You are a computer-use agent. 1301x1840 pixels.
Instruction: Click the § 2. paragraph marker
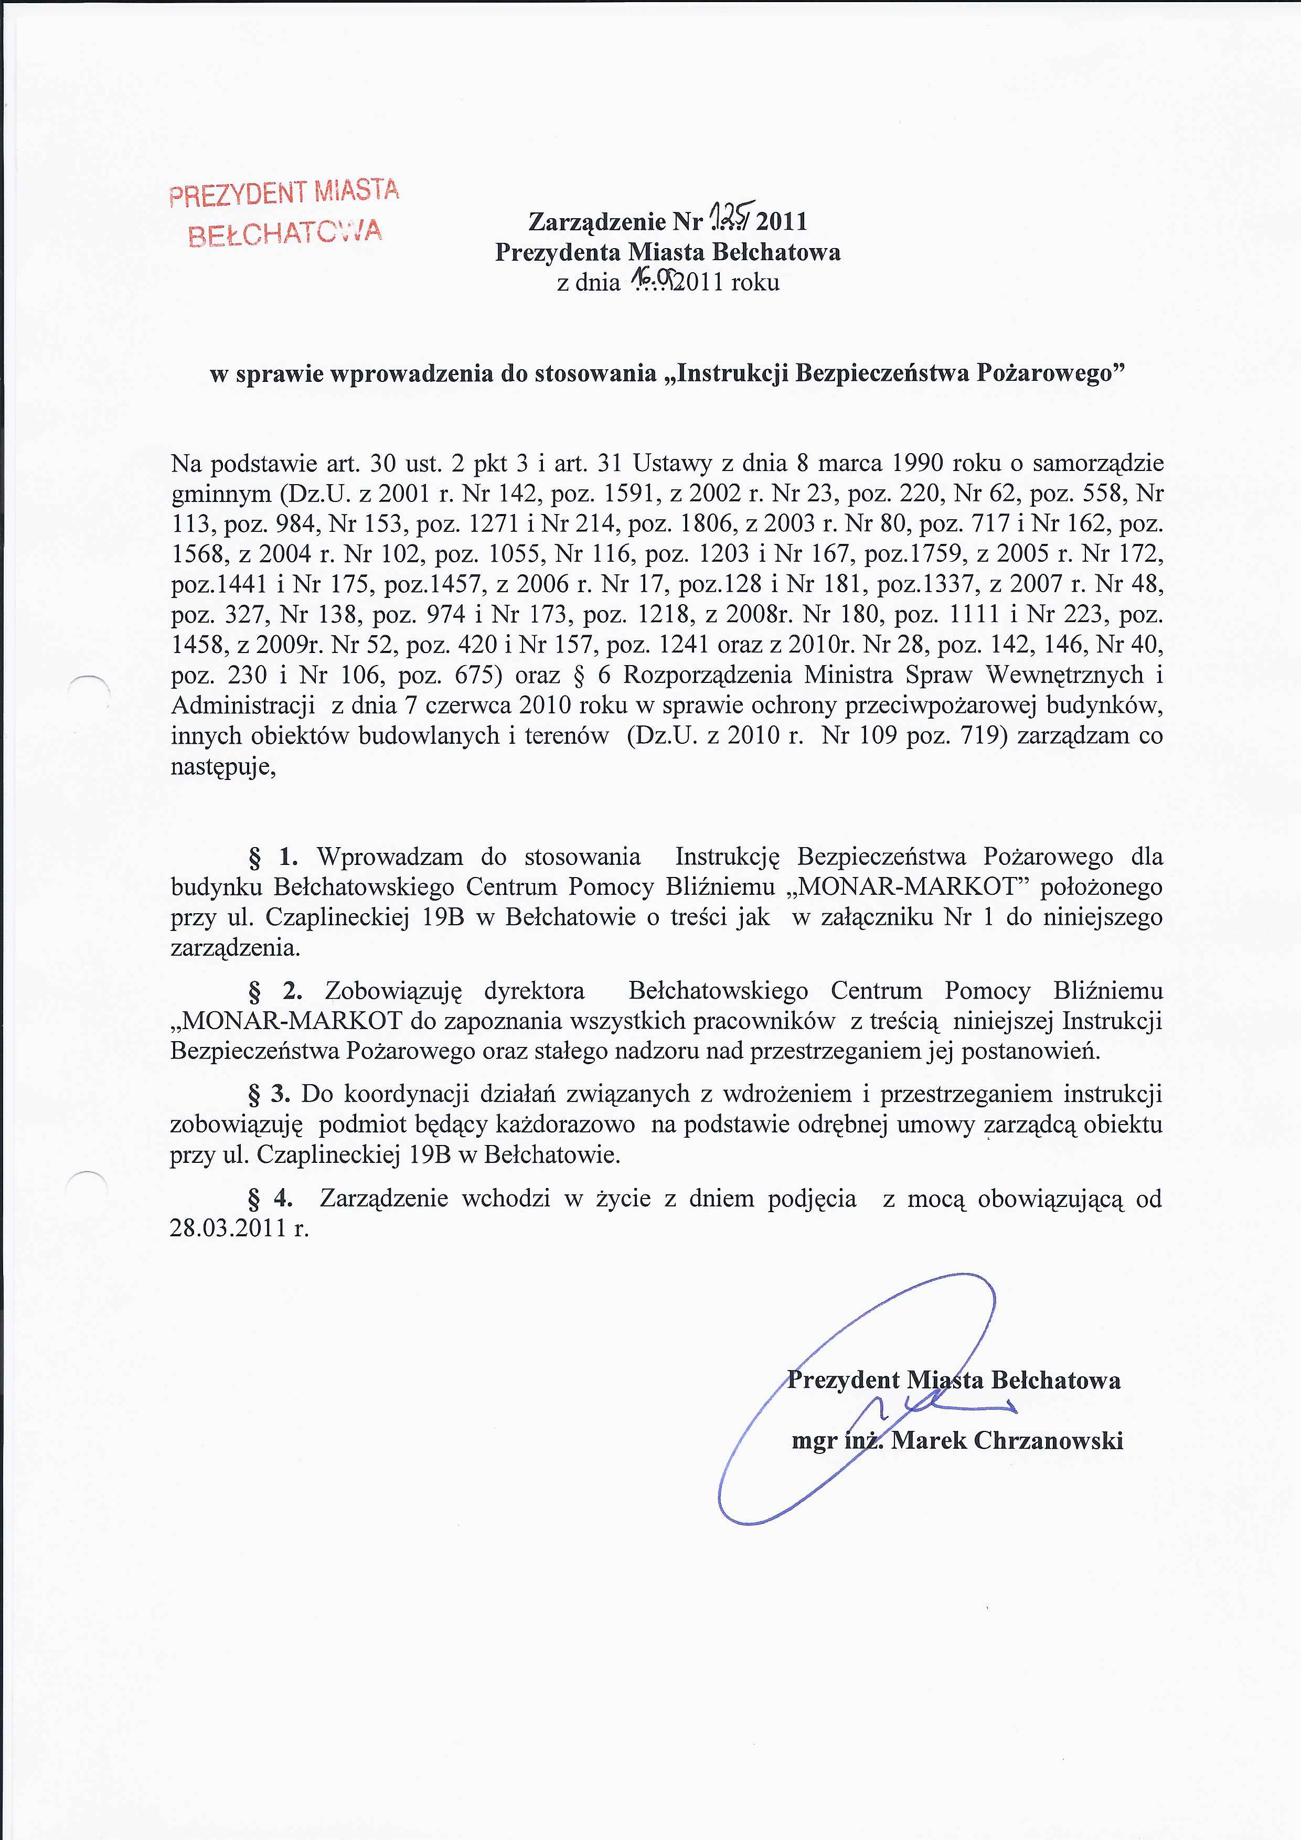(275, 991)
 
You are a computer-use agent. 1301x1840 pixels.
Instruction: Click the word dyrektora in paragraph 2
(534, 991)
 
